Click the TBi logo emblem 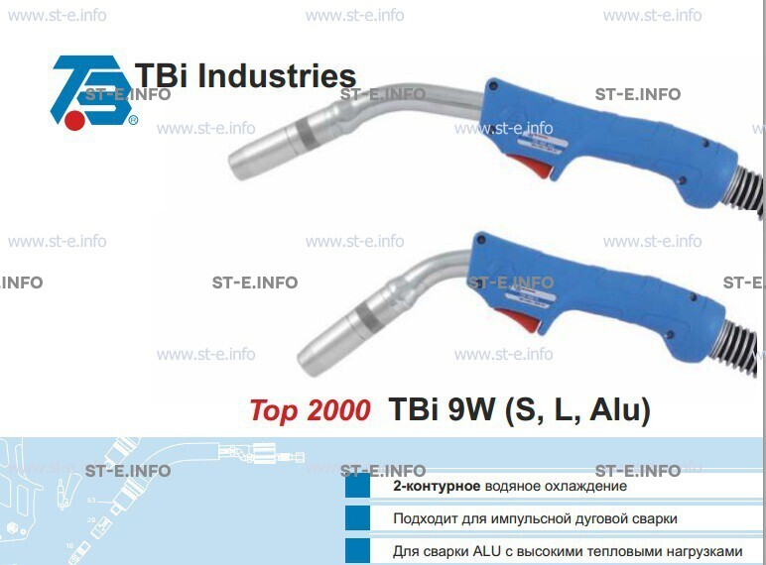tap(90, 92)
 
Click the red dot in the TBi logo tap(74, 120)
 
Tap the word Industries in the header tap(277, 76)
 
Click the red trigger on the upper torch tap(531, 165)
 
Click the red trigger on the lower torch tap(519, 318)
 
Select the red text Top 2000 tap(311, 409)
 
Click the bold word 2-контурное tap(437, 486)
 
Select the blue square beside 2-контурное tap(357, 485)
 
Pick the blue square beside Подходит tap(357, 517)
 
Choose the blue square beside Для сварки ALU tap(357, 551)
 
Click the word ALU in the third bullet tap(487, 551)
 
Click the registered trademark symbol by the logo tap(133, 120)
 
